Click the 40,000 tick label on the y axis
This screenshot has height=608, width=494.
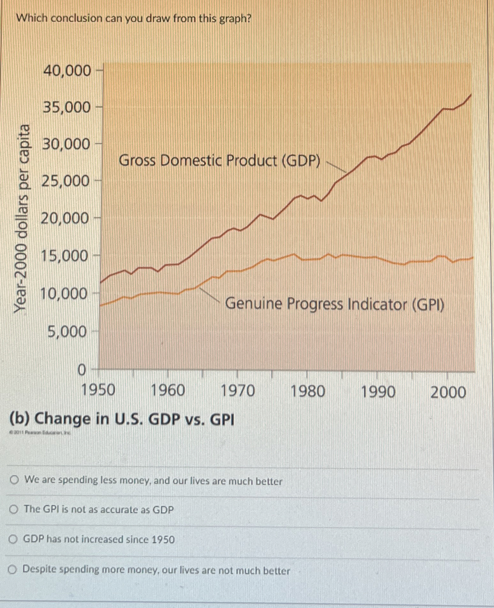pos(67,71)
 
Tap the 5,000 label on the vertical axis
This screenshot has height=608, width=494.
pos(67,332)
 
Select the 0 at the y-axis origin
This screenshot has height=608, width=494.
pos(82,370)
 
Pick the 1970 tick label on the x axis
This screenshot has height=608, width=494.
pos(238,391)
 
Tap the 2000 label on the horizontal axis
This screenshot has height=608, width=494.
pos(448,392)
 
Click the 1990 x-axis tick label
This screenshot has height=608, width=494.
pos(378,392)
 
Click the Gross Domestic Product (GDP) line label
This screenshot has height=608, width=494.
pos(219,160)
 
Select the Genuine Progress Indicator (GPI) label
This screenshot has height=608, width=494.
pos(335,304)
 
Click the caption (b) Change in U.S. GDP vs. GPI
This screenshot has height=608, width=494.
pos(122,419)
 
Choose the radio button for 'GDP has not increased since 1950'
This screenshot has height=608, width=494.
pos(13,540)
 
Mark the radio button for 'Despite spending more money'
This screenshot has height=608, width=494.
pos(12,569)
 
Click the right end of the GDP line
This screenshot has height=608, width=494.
pos(471,95)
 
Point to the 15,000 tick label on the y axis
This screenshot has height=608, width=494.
pos(65,256)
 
